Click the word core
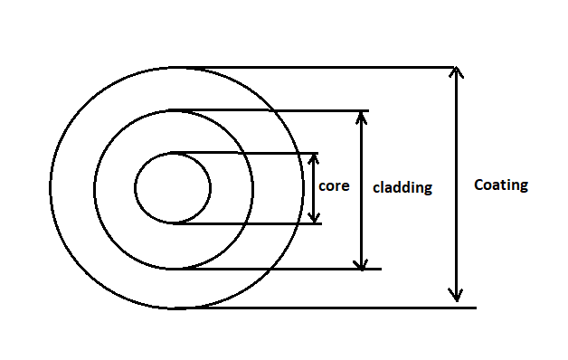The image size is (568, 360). point(333,186)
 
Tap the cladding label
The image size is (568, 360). point(402,188)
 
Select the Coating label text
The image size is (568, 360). point(500,185)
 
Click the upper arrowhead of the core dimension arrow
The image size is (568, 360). point(314,157)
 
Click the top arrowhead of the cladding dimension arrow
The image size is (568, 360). point(362,117)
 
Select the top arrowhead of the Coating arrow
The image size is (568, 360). point(457,73)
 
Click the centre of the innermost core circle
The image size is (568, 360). point(173,188)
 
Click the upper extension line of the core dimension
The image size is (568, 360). point(253,152)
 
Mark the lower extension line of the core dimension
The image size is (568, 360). point(253,223)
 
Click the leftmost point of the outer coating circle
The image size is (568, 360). point(51,188)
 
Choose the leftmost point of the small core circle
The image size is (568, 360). point(135,188)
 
